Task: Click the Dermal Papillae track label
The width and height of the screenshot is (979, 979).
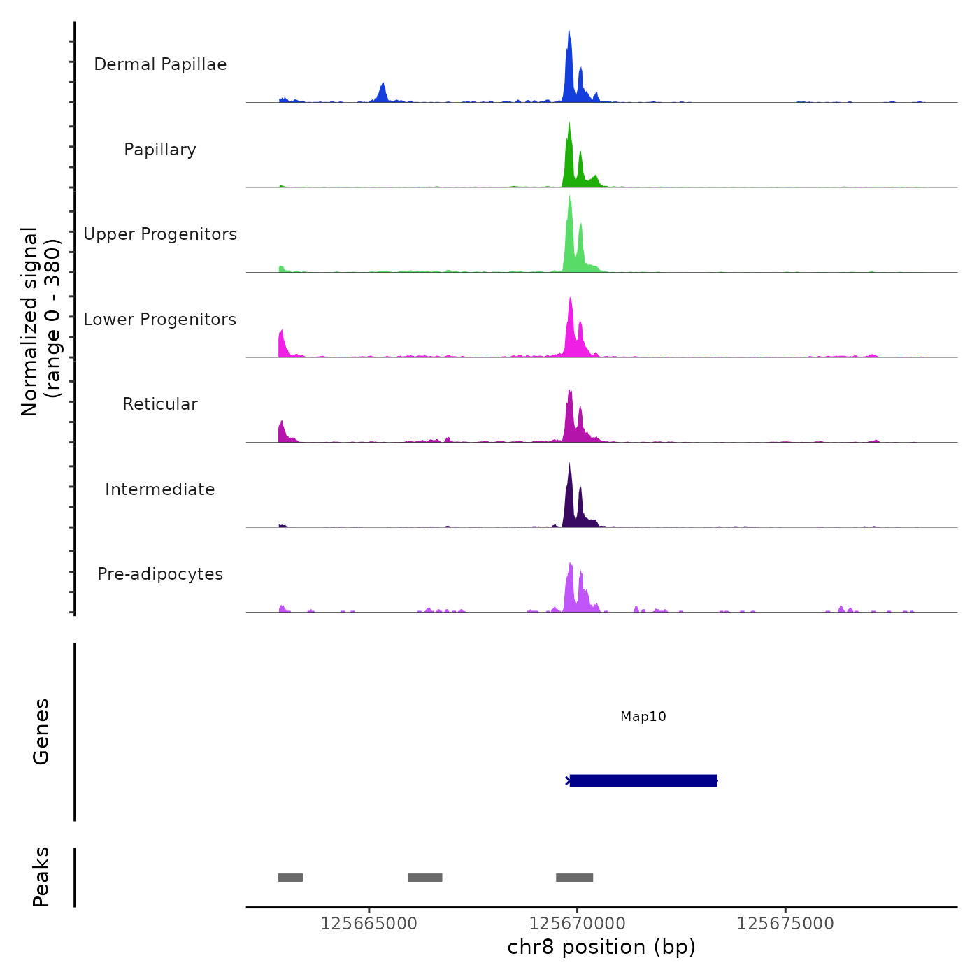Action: coord(160,64)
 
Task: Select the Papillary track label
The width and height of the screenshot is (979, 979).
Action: coord(160,150)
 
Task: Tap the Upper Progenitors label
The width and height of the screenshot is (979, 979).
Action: coord(160,234)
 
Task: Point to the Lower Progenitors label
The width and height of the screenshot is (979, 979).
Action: coord(160,320)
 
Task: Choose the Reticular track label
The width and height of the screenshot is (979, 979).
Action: coord(160,404)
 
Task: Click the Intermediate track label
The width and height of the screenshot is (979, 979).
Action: coord(160,489)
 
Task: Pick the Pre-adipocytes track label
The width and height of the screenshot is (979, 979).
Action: coord(160,574)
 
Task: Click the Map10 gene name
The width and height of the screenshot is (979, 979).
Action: coord(643,717)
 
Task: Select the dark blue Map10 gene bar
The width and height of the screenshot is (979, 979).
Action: coord(643,780)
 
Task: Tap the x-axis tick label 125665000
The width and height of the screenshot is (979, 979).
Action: coord(369,924)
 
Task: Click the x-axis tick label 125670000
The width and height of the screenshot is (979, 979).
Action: coord(578,924)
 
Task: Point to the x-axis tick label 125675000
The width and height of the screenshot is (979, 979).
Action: coord(785,924)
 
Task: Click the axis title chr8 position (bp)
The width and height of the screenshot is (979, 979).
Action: coord(601,947)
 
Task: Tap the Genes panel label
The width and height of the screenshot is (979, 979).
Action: coord(41,731)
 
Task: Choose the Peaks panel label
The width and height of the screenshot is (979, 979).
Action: coord(41,877)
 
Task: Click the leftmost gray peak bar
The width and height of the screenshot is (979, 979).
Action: coord(290,878)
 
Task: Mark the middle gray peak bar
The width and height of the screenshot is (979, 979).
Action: coord(425,878)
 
